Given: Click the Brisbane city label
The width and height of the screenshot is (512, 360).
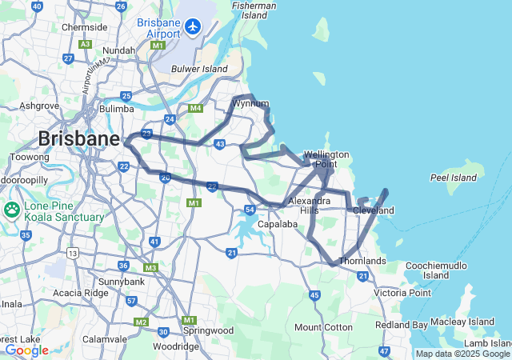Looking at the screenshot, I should [x=78, y=138].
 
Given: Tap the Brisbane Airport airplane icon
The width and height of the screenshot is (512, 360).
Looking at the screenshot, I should [x=192, y=26].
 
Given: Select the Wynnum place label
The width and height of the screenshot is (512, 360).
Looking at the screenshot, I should [x=250, y=103].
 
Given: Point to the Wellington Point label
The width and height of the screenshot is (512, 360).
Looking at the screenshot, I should [x=326, y=159].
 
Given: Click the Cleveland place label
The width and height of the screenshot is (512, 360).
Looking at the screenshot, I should [x=374, y=210].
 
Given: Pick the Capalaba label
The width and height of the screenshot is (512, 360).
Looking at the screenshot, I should [x=278, y=224].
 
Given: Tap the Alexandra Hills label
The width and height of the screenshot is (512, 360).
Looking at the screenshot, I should [x=310, y=205].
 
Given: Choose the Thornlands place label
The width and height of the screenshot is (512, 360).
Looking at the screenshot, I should [x=362, y=261].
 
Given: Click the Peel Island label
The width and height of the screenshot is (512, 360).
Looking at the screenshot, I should [x=454, y=177].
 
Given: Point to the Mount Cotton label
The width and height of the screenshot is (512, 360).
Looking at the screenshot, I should [x=323, y=327].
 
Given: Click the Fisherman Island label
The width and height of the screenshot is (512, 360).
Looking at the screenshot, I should [x=255, y=10].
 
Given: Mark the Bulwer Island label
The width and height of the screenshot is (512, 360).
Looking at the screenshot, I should [x=199, y=69].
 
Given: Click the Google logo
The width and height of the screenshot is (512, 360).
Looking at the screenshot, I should [x=26, y=350].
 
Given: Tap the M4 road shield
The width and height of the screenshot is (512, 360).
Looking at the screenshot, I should [x=195, y=108].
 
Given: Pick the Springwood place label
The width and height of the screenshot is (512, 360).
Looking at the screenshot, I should [x=208, y=330].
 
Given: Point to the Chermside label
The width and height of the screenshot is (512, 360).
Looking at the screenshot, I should [x=84, y=26].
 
